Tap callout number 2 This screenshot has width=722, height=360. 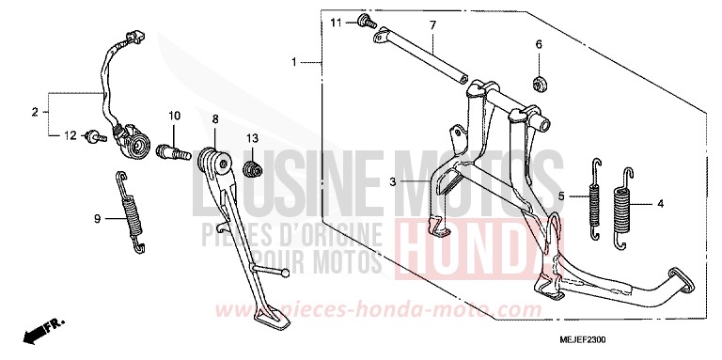coord(35,113)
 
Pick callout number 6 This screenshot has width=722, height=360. coord(540,44)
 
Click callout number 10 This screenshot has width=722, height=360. coord(174,116)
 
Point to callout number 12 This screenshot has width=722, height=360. coord(69,135)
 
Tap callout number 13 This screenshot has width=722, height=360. coord(252,138)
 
